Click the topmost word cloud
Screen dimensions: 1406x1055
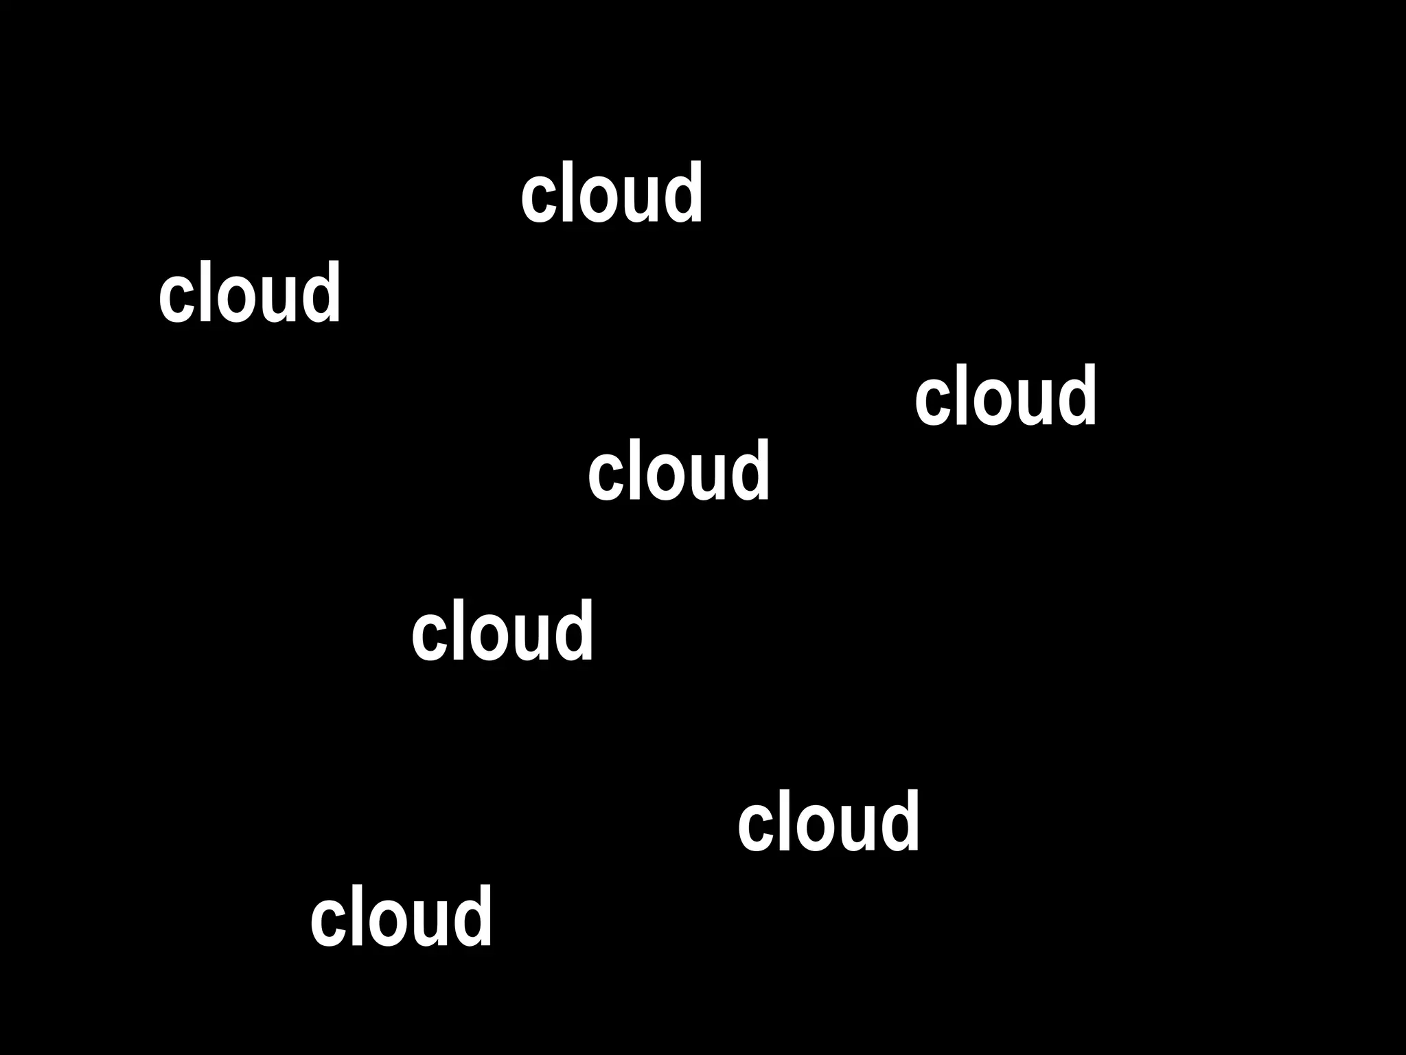tap(612, 194)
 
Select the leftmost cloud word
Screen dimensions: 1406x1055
tap(249, 294)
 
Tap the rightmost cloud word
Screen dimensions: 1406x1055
tap(1006, 397)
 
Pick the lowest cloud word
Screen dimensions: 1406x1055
tap(401, 917)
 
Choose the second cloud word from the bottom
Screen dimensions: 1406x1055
tap(828, 822)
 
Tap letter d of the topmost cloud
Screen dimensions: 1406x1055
tap(684, 194)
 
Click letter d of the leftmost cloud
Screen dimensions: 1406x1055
tap(321, 294)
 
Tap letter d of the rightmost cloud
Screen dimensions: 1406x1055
tap(1078, 397)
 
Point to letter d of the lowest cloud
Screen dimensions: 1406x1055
tap(473, 917)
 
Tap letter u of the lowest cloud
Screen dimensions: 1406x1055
tap(430, 923)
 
